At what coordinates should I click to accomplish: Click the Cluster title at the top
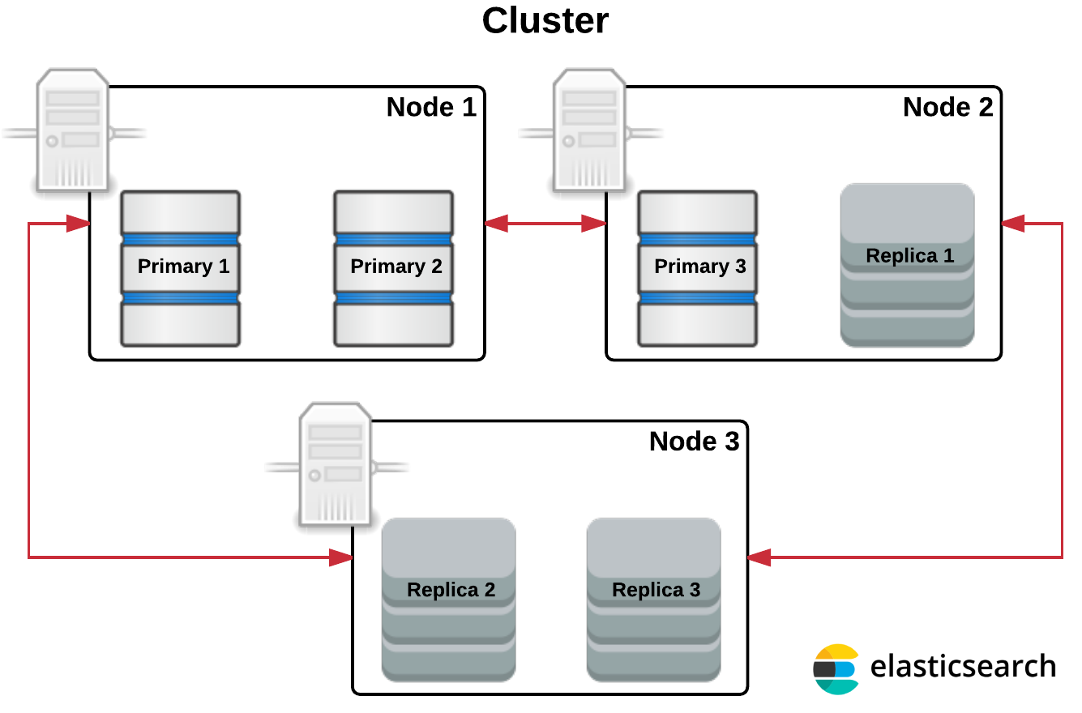point(545,20)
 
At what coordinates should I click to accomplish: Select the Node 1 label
point(431,107)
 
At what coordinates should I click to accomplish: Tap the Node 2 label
point(947,107)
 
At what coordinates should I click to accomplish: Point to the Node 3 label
point(694,442)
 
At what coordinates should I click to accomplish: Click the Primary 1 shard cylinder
point(180,268)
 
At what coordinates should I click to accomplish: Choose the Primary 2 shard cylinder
point(394,268)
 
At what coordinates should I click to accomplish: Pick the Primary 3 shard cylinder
point(698,268)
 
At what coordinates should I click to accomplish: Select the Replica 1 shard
point(907,265)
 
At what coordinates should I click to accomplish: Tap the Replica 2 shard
point(449,599)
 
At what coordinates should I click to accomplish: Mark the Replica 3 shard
point(654,599)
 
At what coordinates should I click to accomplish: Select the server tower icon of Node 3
point(336,465)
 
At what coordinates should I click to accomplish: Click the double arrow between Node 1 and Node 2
point(545,224)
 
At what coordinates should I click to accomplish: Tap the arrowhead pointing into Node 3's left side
point(342,557)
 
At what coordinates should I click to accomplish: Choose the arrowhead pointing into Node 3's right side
point(759,557)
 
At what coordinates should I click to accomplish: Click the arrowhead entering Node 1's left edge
point(78,224)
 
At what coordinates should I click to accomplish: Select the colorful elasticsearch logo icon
point(836,669)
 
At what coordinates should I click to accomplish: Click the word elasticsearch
point(963,667)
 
